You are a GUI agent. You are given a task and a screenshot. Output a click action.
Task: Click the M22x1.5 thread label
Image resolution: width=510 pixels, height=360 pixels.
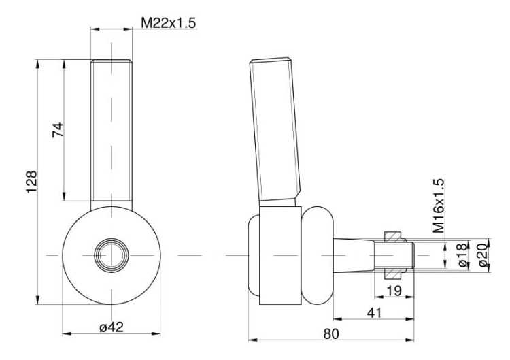coord(169,22)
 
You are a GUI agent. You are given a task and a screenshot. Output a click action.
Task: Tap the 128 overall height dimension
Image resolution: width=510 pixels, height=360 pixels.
coord(32,182)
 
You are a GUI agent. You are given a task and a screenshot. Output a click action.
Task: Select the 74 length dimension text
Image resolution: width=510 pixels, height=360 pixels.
coord(58,130)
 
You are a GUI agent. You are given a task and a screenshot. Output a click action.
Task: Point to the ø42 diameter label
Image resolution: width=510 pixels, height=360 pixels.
coord(112,327)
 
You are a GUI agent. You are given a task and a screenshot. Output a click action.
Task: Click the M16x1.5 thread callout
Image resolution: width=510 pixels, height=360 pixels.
coord(439,206)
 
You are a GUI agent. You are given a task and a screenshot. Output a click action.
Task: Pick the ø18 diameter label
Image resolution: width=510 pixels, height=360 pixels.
coord(463,255)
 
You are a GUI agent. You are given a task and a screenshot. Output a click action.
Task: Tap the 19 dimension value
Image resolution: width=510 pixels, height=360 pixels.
coord(394,291)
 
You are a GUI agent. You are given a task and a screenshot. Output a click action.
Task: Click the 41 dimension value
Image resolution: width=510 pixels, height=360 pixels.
coord(374,313)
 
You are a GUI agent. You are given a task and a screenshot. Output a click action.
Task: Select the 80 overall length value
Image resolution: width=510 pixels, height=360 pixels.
coord(331,333)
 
